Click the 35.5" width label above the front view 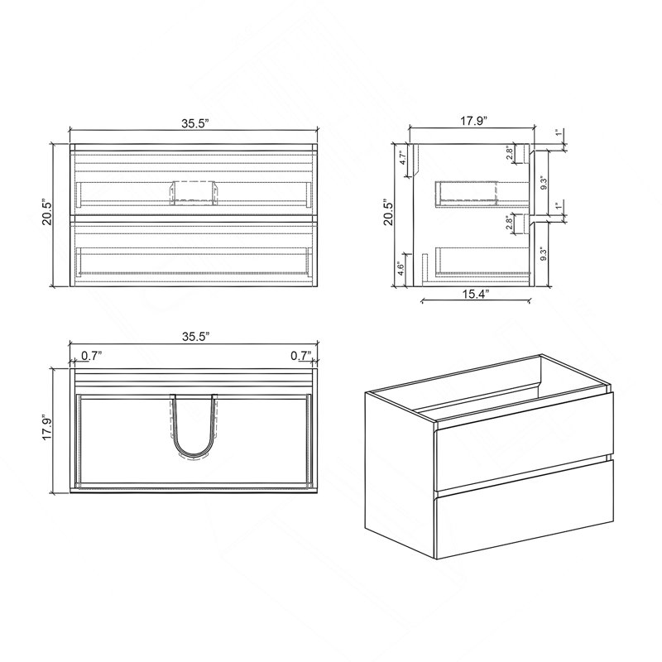pyautogui.click(x=195, y=123)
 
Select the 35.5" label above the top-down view pyautogui.click(x=195, y=337)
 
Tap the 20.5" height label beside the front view pyautogui.click(x=47, y=213)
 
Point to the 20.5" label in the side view pyautogui.click(x=388, y=213)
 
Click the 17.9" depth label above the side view pyautogui.click(x=473, y=121)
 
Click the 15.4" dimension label pyautogui.click(x=474, y=294)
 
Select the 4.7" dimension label pyautogui.click(x=402, y=158)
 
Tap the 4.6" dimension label pyautogui.click(x=401, y=268)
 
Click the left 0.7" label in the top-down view pyautogui.click(x=92, y=356)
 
